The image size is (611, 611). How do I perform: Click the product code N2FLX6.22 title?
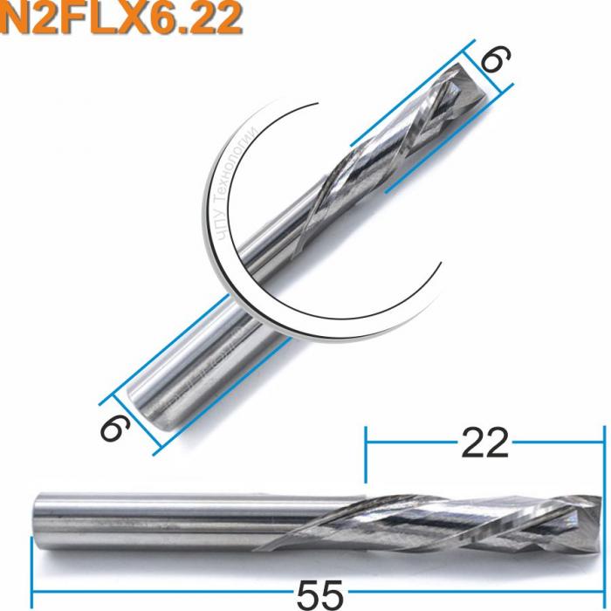click(122, 19)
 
